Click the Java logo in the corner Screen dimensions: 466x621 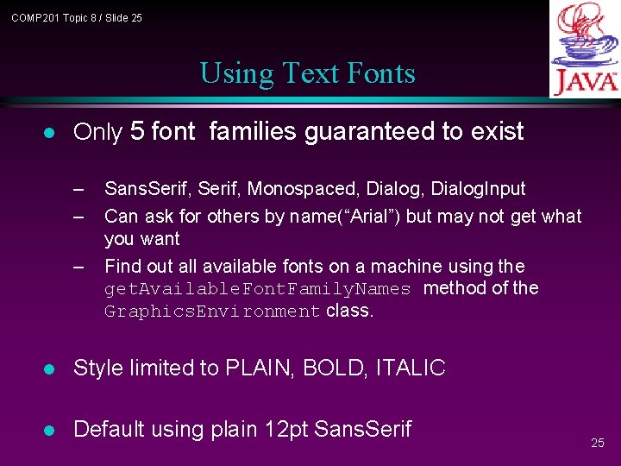[585, 49]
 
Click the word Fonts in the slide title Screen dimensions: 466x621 [382, 73]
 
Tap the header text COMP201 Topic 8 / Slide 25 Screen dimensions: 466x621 [77, 17]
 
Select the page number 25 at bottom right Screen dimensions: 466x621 [598, 443]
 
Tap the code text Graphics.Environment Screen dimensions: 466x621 [212, 312]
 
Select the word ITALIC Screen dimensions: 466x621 [411, 368]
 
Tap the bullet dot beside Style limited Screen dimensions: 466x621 [50, 368]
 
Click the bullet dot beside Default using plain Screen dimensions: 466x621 [50, 429]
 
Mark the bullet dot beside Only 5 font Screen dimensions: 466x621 [50, 132]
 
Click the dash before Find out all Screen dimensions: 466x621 [79, 267]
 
